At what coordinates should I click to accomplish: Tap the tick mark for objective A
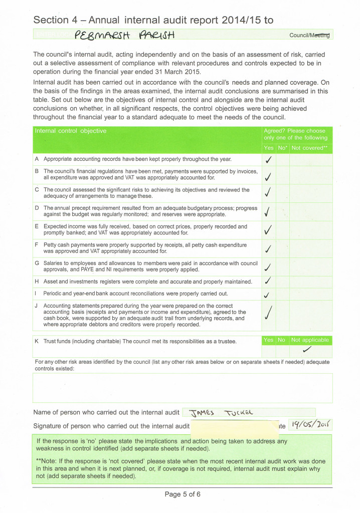(x=268, y=160)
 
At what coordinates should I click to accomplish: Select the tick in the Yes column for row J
(x=269, y=314)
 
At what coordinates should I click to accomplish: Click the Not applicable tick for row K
(x=307, y=349)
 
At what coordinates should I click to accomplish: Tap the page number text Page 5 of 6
(x=183, y=494)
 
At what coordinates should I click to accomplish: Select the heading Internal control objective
(x=70, y=131)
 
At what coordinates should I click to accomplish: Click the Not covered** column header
(x=309, y=148)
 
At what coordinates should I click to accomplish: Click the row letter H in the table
(x=37, y=282)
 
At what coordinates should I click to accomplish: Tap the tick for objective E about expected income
(x=268, y=229)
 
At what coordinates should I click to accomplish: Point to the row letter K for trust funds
(x=37, y=341)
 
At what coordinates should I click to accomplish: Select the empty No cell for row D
(x=282, y=211)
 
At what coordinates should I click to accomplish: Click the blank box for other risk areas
(x=182, y=387)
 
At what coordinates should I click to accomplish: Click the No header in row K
(x=281, y=340)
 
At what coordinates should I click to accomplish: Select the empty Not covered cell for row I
(x=311, y=294)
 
